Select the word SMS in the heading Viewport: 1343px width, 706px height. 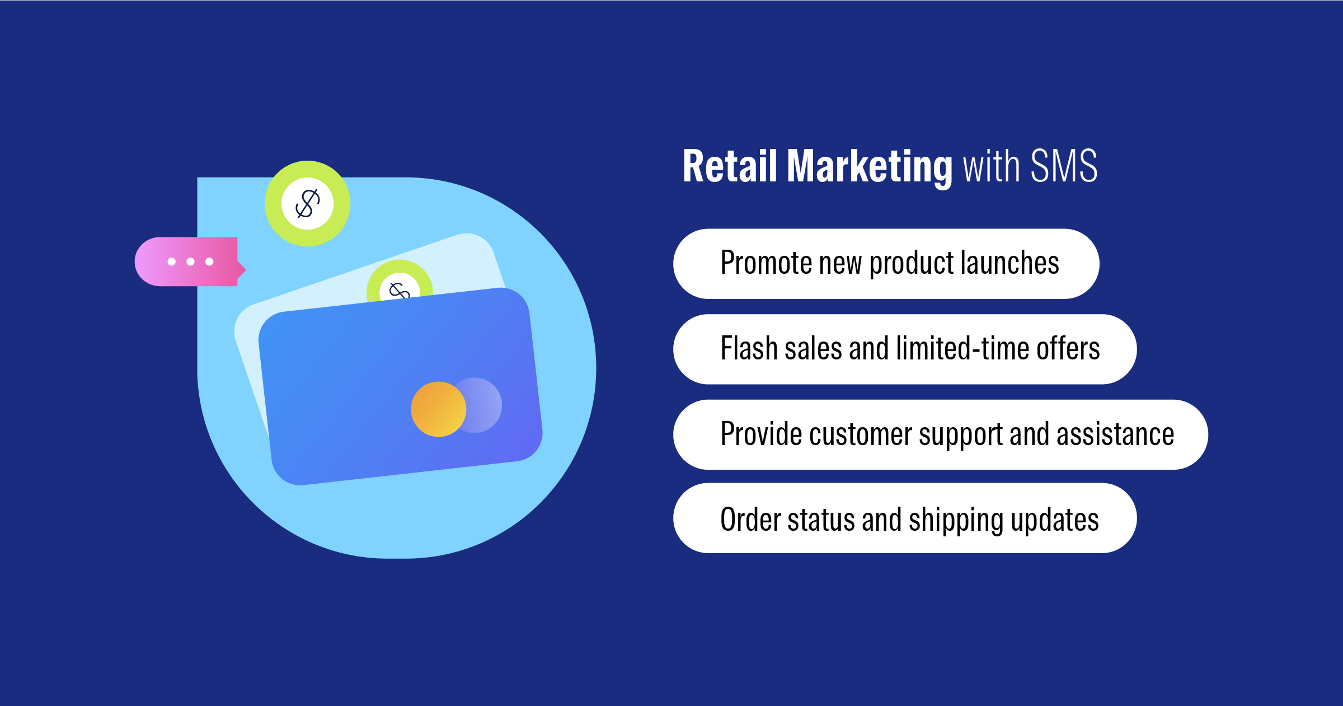pyautogui.click(x=1064, y=166)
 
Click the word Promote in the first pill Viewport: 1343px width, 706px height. pyautogui.click(x=766, y=263)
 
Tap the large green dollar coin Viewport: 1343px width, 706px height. pyautogui.click(x=307, y=203)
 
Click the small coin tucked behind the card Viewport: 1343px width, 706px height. pyautogui.click(x=400, y=281)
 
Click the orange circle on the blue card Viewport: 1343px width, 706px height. pyautogui.click(x=438, y=409)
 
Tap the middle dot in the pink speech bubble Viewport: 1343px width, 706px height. pyautogui.click(x=190, y=261)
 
